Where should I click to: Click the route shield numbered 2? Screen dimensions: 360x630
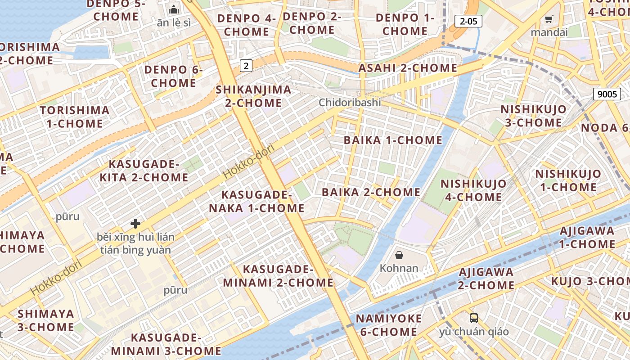(x=246, y=66)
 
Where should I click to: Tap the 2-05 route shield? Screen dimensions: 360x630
(x=468, y=21)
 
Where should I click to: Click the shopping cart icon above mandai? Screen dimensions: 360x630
(x=549, y=19)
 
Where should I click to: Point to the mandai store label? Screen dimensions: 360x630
(x=549, y=32)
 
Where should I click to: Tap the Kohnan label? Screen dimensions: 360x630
(x=399, y=268)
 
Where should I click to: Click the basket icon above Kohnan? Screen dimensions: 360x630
(x=399, y=255)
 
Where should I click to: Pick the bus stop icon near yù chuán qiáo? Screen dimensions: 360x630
(x=474, y=318)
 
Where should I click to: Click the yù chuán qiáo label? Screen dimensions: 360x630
(x=474, y=332)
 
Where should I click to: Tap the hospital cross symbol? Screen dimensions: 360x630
(x=135, y=223)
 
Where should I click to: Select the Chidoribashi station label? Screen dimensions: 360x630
(x=350, y=103)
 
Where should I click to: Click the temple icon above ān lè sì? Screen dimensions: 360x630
(x=173, y=9)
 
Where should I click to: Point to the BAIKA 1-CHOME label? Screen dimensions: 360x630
(x=393, y=140)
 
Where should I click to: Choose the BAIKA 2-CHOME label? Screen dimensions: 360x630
(x=371, y=192)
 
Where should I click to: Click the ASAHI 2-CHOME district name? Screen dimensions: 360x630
(x=407, y=68)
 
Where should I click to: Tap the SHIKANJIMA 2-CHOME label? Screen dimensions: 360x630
(x=253, y=96)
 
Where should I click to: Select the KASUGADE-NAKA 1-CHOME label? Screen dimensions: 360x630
(x=256, y=202)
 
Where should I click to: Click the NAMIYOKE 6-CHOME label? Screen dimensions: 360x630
(x=389, y=325)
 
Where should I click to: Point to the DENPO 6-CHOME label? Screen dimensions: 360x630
(x=173, y=76)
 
